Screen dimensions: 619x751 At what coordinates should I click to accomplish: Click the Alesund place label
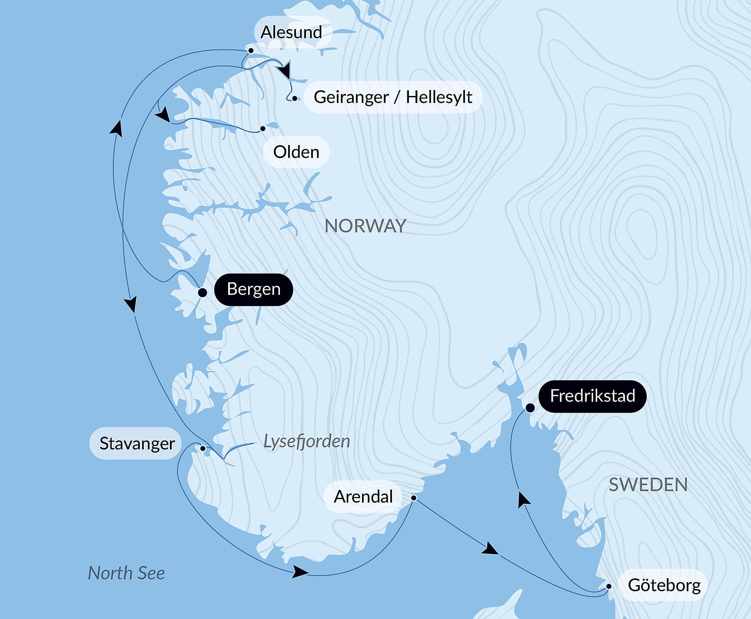[291, 32]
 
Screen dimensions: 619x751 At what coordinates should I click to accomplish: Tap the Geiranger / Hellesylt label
[393, 97]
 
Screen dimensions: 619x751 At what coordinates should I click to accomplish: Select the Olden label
[296, 152]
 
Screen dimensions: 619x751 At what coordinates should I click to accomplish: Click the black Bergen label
[253, 289]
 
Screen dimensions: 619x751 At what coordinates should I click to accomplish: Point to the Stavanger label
[136, 444]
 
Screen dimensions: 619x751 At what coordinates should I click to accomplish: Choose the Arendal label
[363, 497]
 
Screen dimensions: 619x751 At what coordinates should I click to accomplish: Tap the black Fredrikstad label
[592, 396]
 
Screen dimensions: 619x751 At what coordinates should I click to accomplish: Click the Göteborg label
[664, 585]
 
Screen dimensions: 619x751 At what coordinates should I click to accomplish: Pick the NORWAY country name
[366, 226]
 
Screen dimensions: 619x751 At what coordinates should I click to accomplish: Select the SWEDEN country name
[648, 485]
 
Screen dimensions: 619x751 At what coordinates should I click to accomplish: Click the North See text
[126, 573]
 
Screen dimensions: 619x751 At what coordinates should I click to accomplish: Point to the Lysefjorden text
[307, 441]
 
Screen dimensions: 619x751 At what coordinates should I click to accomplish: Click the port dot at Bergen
[202, 292]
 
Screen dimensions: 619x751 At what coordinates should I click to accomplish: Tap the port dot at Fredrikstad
[530, 408]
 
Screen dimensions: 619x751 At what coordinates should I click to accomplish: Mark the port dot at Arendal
[414, 498]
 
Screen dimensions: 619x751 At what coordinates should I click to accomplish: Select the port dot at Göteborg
[609, 586]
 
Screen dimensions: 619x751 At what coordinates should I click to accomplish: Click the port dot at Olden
[263, 129]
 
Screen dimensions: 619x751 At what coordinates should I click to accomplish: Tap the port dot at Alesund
[251, 51]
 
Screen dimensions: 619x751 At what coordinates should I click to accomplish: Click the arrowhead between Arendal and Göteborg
[490, 549]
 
